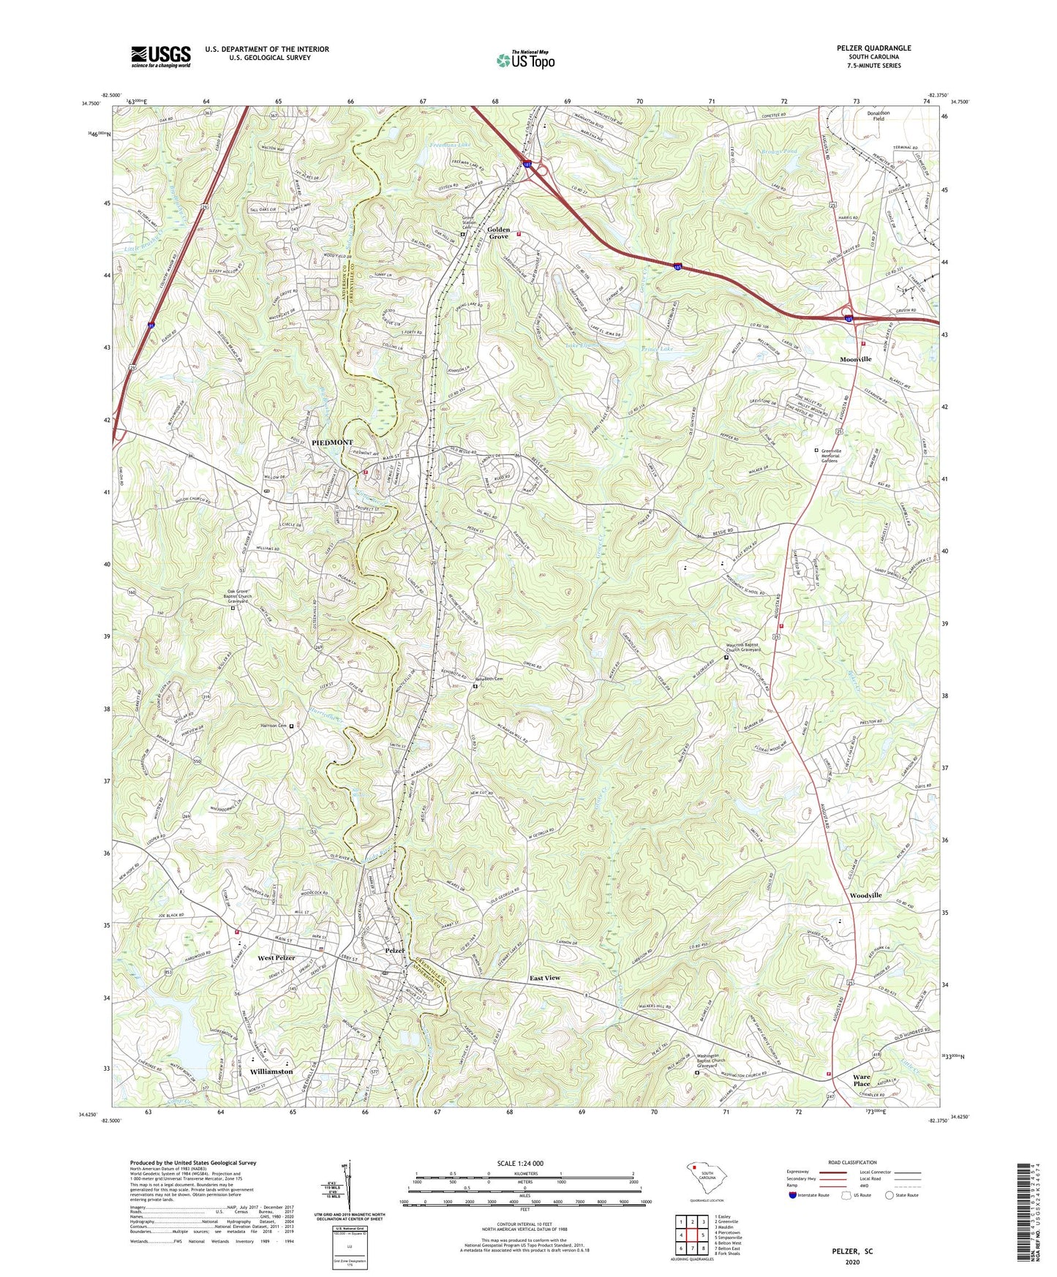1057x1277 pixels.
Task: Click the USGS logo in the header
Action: pyautogui.click(x=160, y=56)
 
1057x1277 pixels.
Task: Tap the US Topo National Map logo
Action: pyautogui.click(x=524, y=59)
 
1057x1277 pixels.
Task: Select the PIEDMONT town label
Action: pyautogui.click(x=332, y=442)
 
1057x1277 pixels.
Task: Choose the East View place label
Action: pyautogui.click(x=545, y=978)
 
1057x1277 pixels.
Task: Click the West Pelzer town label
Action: pyautogui.click(x=276, y=958)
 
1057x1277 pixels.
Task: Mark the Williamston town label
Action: pyautogui.click(x=271, y=1071)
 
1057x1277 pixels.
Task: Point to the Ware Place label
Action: pyautogui.click(x=862, y=1080)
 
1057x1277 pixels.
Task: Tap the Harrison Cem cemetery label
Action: pyautogui.click(x=274, y=726)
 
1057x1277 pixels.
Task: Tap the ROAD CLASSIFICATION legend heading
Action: pyautogui.click(x=853, y=1162)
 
